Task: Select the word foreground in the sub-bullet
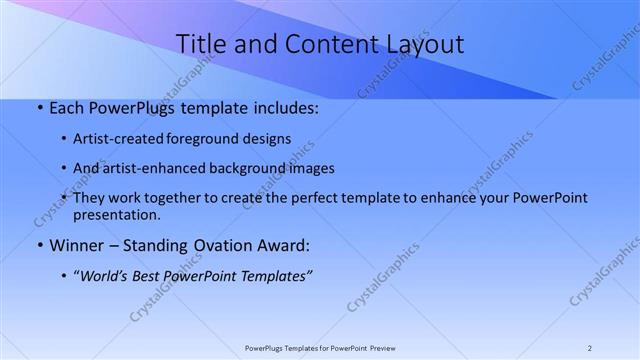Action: (220, 139)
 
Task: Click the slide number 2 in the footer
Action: (590, 348)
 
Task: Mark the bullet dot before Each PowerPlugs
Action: (39, 107)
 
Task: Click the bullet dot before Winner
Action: (39, 245)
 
